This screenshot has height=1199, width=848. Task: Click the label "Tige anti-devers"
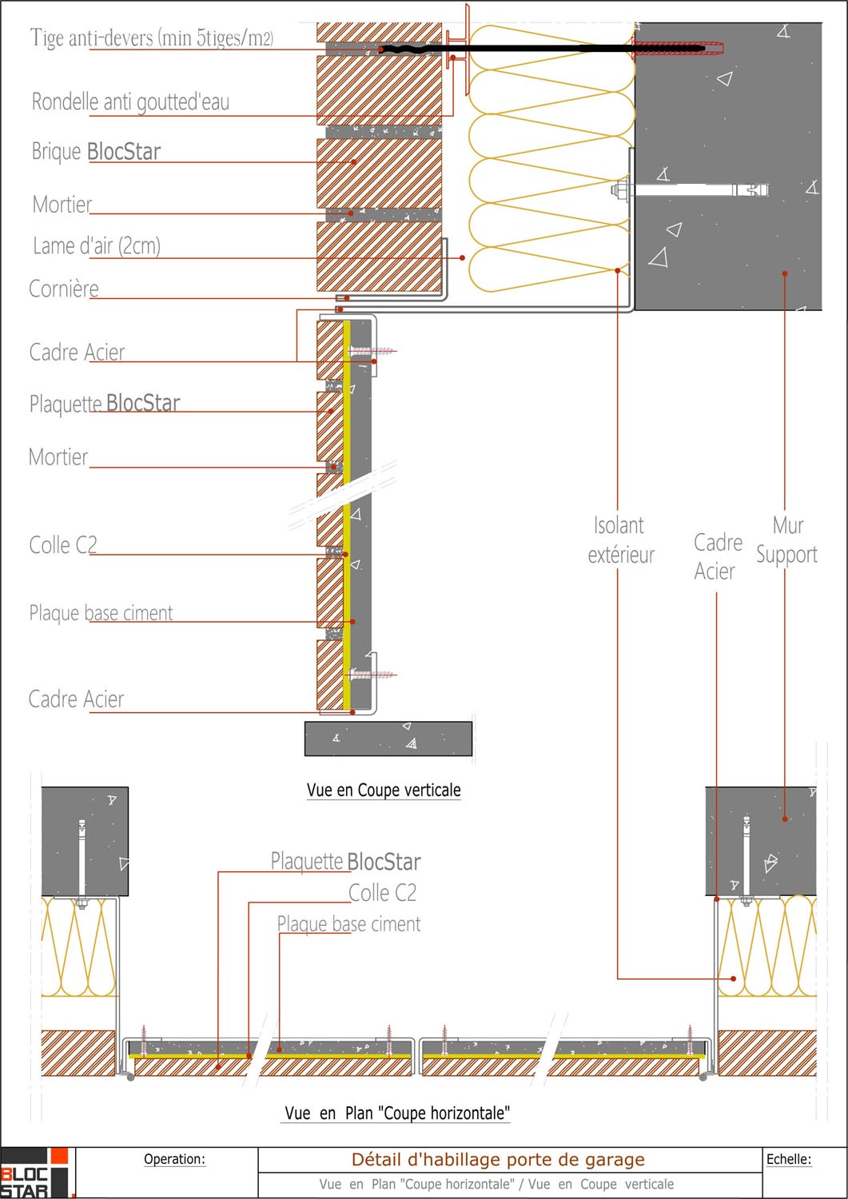coord(152,38)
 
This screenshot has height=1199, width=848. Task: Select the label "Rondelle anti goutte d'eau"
coord(130,102)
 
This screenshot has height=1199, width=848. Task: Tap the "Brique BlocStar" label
coord(96,151)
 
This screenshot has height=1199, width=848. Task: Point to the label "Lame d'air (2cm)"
coord(97,245)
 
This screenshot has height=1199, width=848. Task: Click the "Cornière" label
coord(64,289)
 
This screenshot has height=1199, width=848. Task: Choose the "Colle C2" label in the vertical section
coord(63,545)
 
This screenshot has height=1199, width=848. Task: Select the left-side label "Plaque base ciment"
coord(101,613)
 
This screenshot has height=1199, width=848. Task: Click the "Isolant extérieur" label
coord(620,540)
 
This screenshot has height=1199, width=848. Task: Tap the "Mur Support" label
coord(787,540)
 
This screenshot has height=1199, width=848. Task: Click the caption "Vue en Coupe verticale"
coord(384,791)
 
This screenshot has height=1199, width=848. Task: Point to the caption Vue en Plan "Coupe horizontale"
coord(397,1113)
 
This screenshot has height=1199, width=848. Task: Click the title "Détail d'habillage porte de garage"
coord(498,1160)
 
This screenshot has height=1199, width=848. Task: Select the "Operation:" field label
coord(174,1159)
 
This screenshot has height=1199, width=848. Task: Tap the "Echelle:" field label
coord(788,1159)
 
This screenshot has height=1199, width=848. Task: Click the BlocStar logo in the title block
coord(37,1173)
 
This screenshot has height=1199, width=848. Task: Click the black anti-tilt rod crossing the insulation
coord(543,49)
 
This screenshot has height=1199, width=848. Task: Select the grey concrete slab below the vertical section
coord(388,739)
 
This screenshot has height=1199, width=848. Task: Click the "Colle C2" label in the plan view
coord(382,893)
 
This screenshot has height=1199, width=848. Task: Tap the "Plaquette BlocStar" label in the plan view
coord(345,862)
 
